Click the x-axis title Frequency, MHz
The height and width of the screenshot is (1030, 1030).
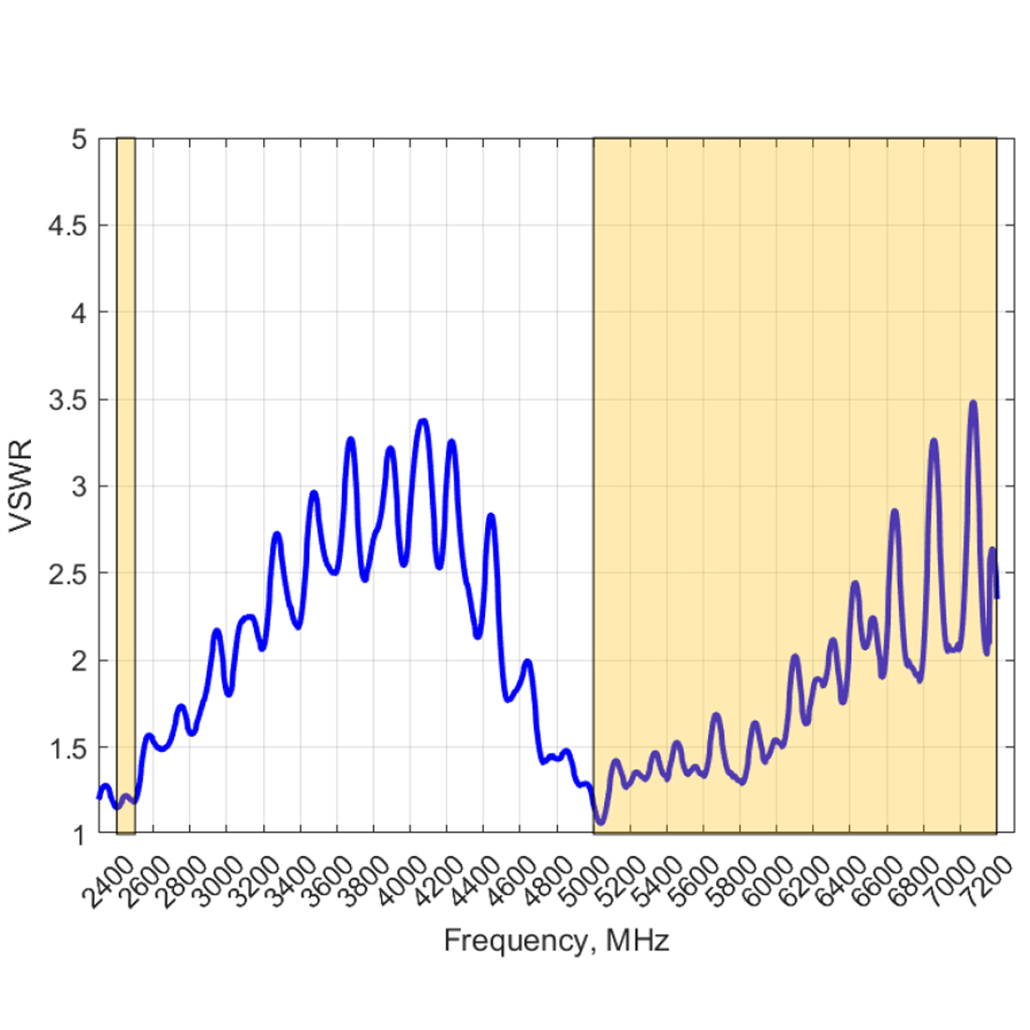(x=556, y=940)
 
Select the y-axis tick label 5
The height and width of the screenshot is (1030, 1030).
(x=80, y=140)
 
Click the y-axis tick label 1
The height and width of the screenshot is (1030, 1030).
(x=80, y=834)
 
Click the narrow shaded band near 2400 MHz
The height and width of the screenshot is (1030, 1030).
(x=125, y=486)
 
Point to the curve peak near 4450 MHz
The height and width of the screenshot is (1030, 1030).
(x=491, y=516)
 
